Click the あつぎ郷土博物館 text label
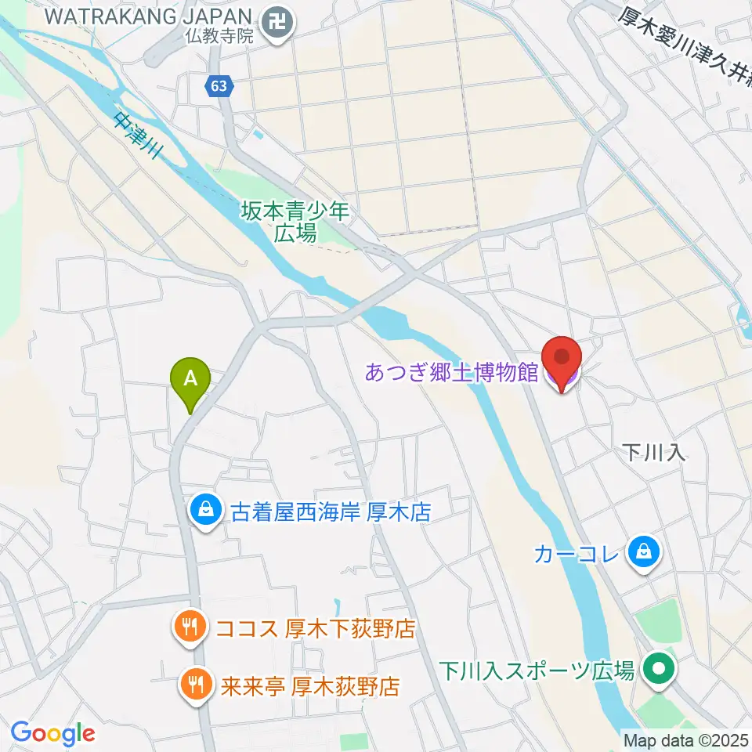pyautogui.click(x=451, y=372)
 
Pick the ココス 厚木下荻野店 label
pyautogui.click(x=314, y=629)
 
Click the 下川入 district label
pyautogui.click(x=654, y=452)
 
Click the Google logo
pyautogui.click(x=53, y=733)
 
